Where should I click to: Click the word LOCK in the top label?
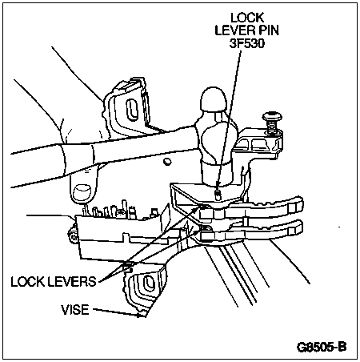coord(247,18)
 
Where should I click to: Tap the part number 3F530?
coord(247,43)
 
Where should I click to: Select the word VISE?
coord(75,310)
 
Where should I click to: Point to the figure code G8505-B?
coord(322,347)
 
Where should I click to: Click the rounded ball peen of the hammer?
coord(213,99)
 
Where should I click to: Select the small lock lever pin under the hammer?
coord(218,195)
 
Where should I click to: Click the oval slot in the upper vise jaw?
coord(132,109)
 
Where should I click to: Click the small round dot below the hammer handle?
coord(167,162)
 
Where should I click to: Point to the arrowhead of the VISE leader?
coord(142,315)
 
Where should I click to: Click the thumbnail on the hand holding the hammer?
coord(82,193)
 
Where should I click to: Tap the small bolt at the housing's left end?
coord(73,235)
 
